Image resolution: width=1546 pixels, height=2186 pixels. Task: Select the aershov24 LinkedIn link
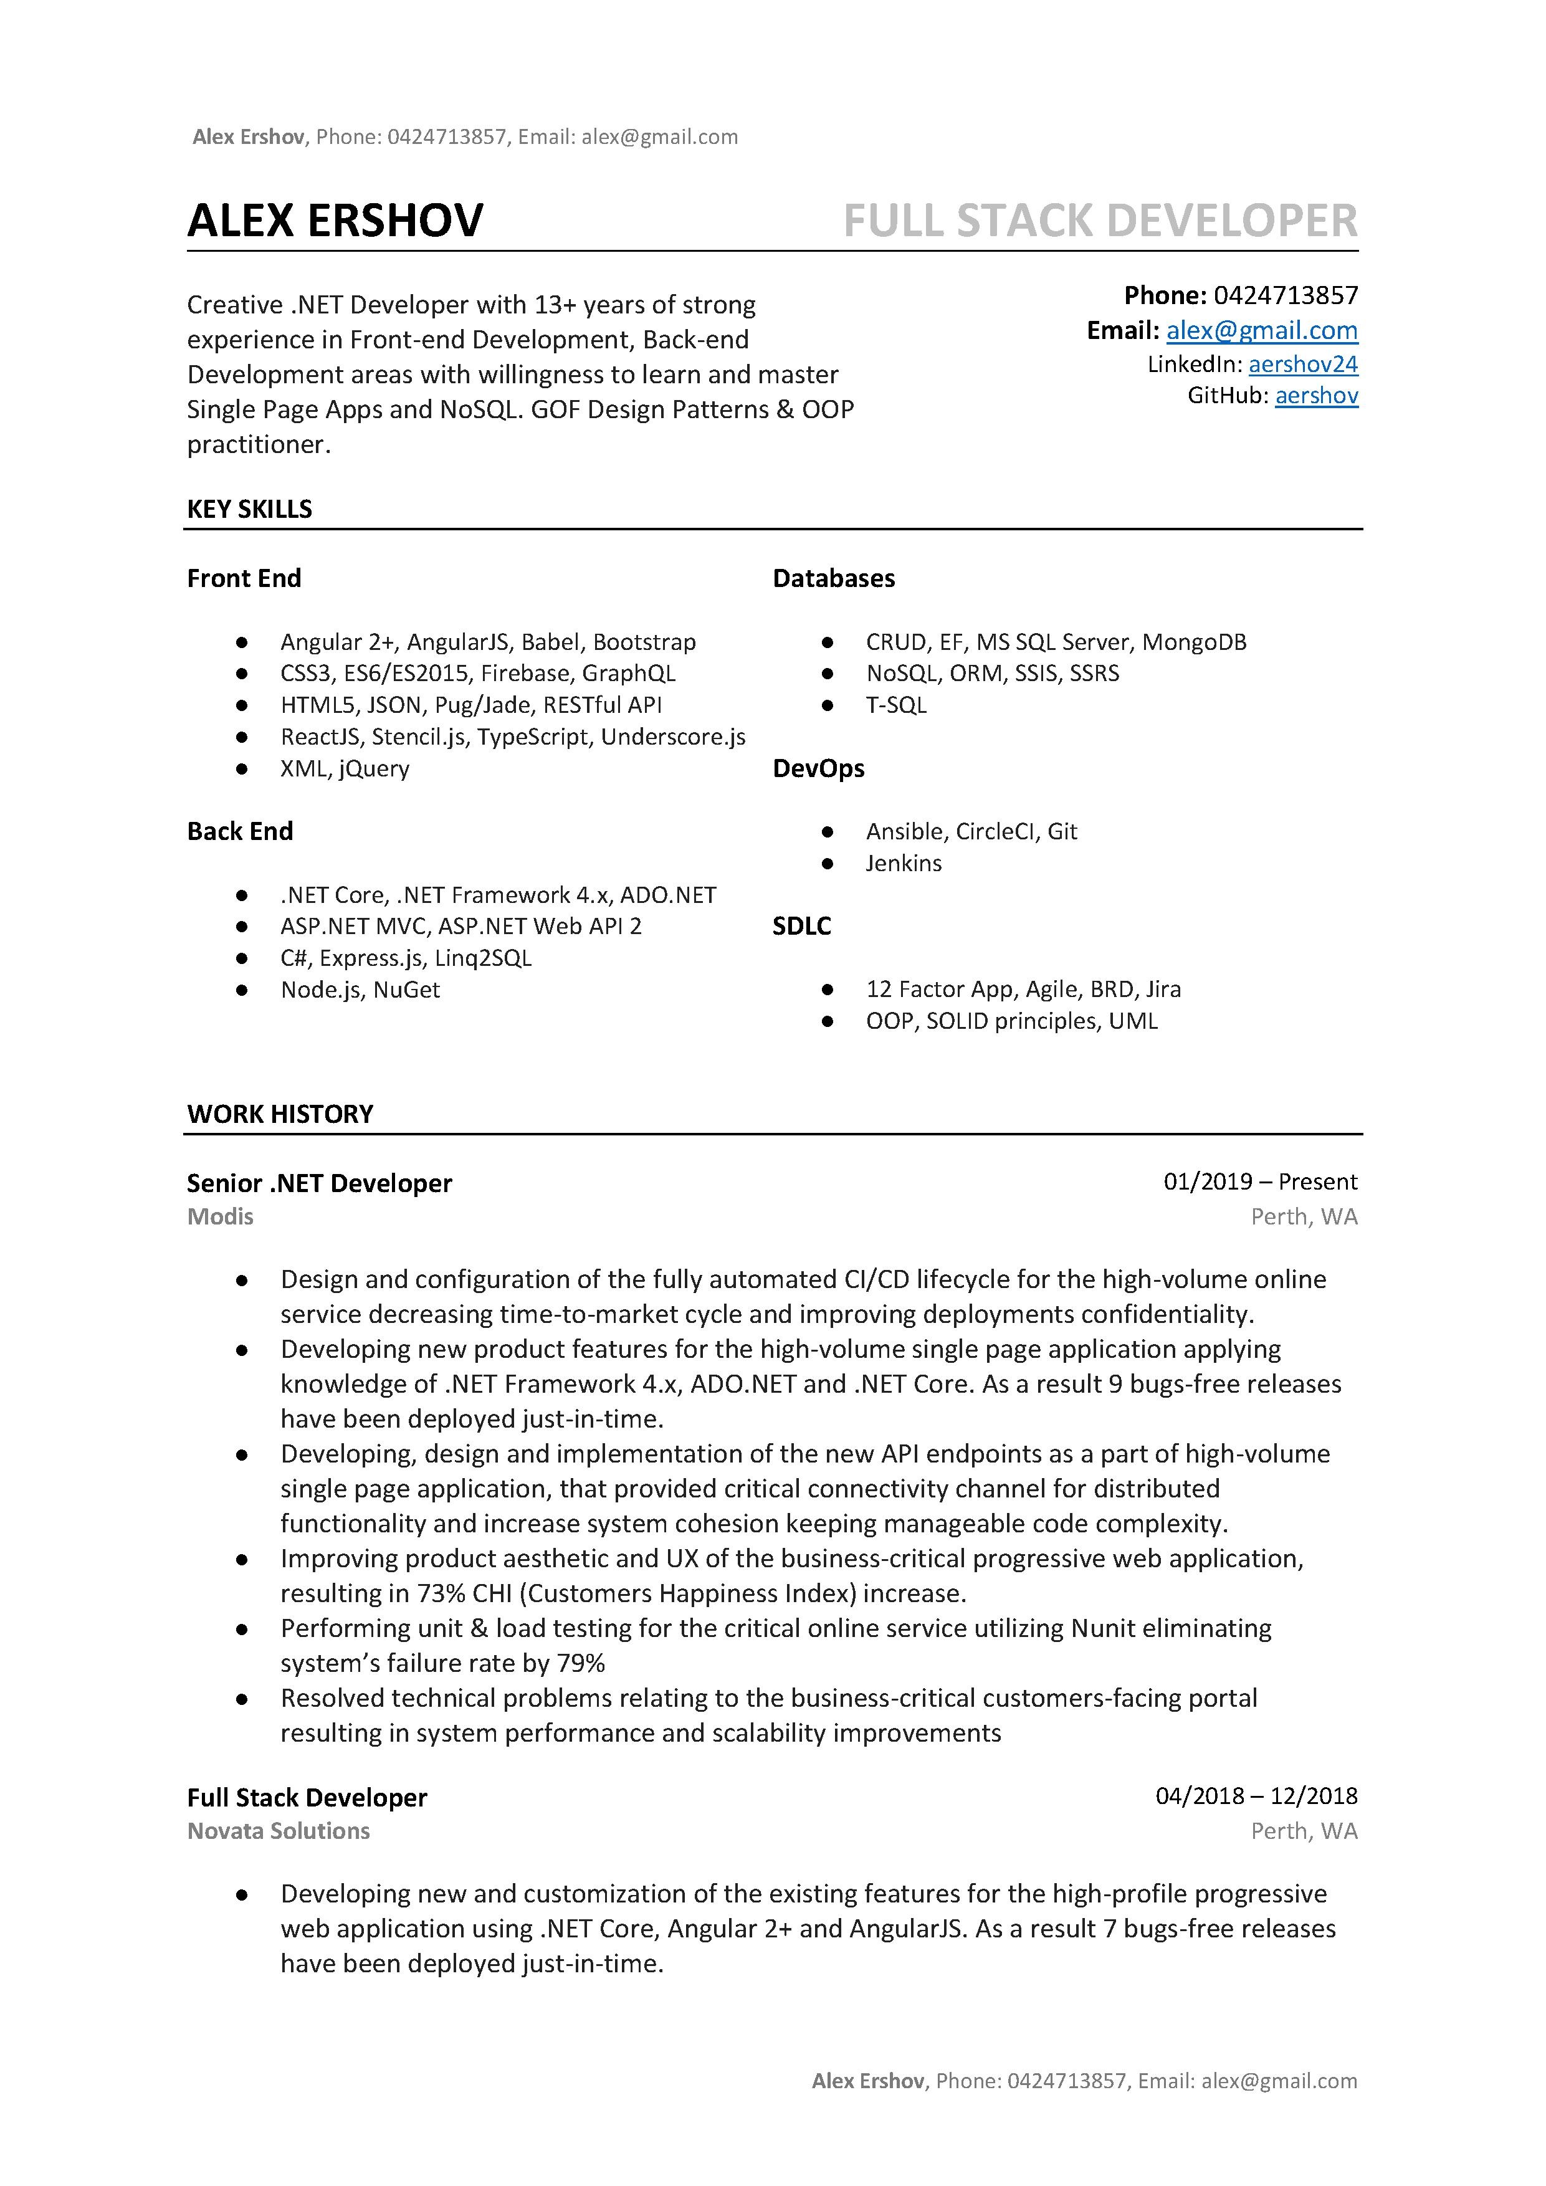coord(1302,364)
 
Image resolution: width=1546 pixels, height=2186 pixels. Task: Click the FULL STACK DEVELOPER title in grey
coord(1100,221)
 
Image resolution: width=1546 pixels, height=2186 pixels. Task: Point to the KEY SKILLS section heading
coord(249,509)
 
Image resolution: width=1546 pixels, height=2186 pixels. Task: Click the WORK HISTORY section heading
coord(280,1114)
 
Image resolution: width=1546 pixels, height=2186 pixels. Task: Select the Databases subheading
coord(833,579)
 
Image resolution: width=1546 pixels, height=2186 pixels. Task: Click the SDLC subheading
coord(801,927)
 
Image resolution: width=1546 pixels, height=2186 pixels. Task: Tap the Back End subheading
coord(240,831)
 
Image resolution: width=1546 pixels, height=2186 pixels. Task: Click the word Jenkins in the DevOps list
coord(904,864)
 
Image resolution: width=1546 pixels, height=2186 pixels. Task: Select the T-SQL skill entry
coord(896,705)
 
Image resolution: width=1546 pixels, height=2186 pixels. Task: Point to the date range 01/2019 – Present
coord(1259,1181)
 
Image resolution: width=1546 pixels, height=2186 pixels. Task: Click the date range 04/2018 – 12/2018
coord(1256,1796)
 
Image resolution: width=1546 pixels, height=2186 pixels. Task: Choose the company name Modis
coord(220,1217)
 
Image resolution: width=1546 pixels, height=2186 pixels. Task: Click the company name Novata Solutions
coord(278,1831)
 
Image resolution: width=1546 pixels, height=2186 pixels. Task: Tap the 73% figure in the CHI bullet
coord(440,1594)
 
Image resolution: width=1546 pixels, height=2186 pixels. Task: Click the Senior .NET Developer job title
coord(319,1183)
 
